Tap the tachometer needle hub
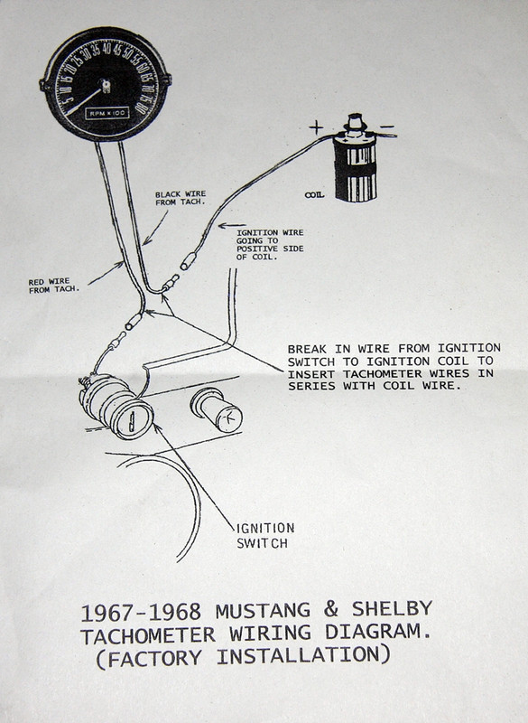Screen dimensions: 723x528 coord(105,88)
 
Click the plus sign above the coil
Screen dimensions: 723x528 coord(316,128)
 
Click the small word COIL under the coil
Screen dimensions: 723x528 coord(315,192)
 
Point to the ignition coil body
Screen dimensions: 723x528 coord(355,167)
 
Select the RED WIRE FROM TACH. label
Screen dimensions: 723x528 coord(53,286)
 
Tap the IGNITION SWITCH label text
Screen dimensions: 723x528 coord(264,535)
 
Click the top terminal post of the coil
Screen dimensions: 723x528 coord(355,118)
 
